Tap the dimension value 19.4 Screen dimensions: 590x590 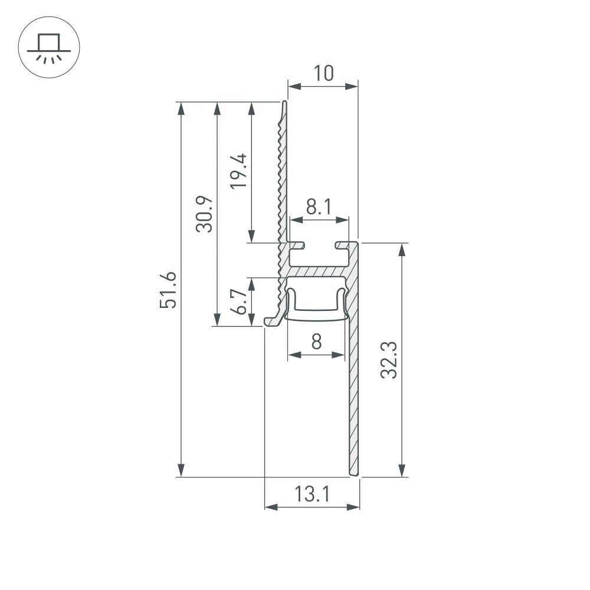(x=238, y=171)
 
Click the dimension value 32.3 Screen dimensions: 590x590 (x=388, y=360)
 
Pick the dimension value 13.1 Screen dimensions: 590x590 (x=312, y=493)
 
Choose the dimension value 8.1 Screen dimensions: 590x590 (x=319, y=206)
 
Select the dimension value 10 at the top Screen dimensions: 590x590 (x=323, y=73)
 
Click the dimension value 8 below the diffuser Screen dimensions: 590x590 (x=316, y=342)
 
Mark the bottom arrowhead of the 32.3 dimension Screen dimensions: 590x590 (x=402, y=469)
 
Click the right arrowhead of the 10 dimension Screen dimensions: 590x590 (x=352, y=87)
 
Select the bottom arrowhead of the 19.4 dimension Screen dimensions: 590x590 (x=253, y=237)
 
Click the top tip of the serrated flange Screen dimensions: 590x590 (x=284, y=103)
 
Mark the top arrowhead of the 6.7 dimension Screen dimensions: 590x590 (x=253, y=284)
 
